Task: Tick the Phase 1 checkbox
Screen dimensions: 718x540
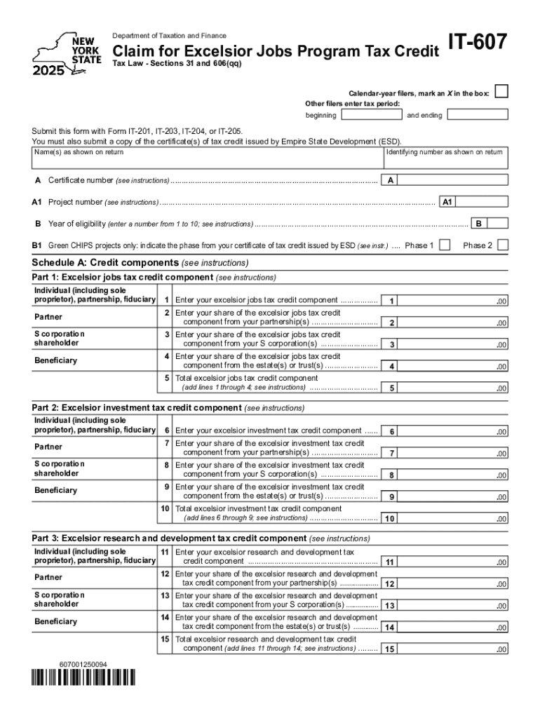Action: pos(444,245)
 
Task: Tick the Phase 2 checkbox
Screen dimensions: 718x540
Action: pos(502,245)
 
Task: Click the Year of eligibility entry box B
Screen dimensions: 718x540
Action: pos(497,224)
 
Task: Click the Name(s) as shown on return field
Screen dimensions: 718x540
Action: pos(207,162)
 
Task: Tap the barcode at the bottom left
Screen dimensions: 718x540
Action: pos(83,677)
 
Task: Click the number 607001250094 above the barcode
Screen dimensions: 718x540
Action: pos(83,663)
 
